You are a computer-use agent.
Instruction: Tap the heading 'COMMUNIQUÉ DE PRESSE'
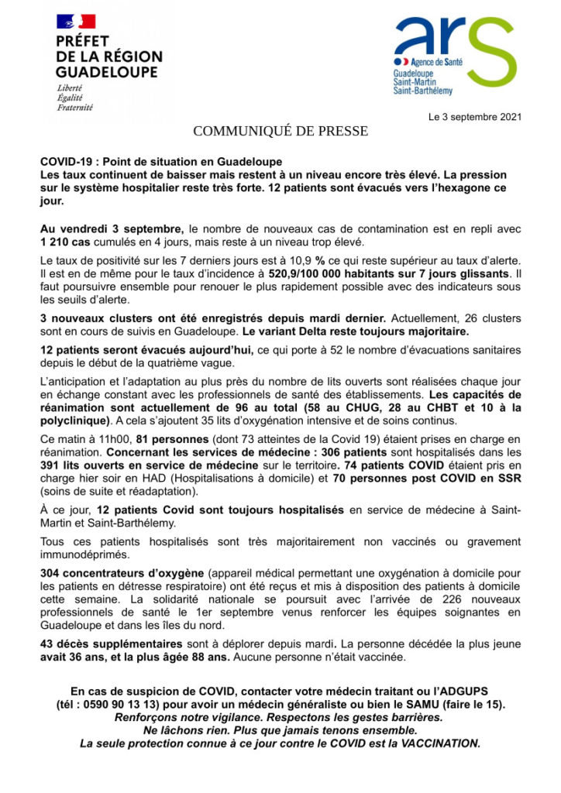280,131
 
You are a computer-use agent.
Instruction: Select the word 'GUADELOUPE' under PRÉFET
106,71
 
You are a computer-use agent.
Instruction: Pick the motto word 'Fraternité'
74,108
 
